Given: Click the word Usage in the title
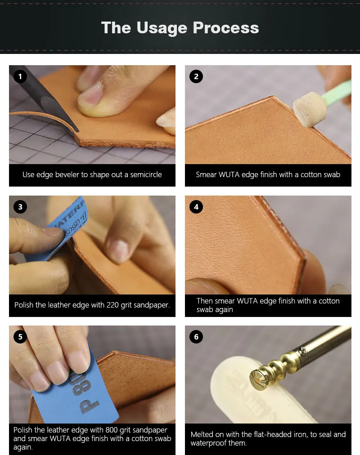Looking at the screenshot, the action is [162, 28].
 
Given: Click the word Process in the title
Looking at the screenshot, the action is [226, 28].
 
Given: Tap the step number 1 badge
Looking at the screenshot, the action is [20, 76].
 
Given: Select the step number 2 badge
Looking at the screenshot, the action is [196, 76].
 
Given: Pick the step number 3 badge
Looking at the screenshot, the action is [20, 207].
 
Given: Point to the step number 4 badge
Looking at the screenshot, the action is [196, 207].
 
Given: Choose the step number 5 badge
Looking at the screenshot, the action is [20, 337].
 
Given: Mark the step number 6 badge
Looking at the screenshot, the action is [196, 337].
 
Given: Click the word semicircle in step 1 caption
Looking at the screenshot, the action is [146, 175].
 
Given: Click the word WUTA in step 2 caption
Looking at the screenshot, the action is [229, 175].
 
